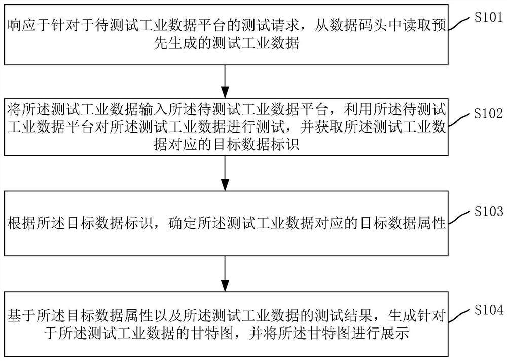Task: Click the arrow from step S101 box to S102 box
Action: [225, 81]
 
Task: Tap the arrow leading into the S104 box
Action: [225, 274]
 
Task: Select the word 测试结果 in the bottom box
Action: [347, 314]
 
